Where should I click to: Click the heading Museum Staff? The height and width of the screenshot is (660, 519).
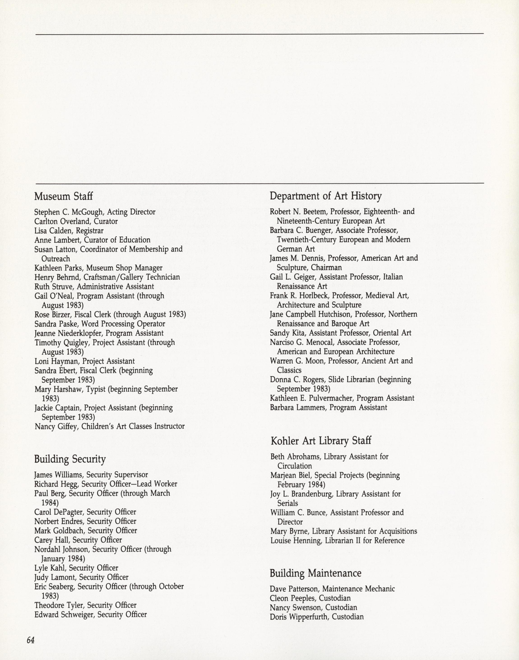pyautogui.click(x=63, y=196)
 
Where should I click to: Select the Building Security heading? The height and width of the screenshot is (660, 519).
pyautogui.click(x=70, y=459)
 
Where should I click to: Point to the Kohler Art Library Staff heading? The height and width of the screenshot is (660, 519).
pyautogui.click(x=321, y=441)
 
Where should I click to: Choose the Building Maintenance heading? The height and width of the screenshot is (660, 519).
pyautogui.click(x=316, y=573)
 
